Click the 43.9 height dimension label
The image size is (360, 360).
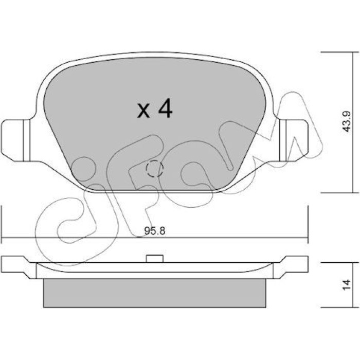[x=346, y=121]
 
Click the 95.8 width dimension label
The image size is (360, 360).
[x=155, y=231]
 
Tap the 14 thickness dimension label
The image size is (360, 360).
[x=346, y=285]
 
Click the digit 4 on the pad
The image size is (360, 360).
[x=165, y=108]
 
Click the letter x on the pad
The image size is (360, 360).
[x=143, y=111]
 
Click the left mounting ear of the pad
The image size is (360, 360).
[x=15, y=140]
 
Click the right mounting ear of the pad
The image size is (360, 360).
[x=294, y=140]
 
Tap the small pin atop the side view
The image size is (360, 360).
[x=155, y=259]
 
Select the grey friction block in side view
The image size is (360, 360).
[x=154, y=293]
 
